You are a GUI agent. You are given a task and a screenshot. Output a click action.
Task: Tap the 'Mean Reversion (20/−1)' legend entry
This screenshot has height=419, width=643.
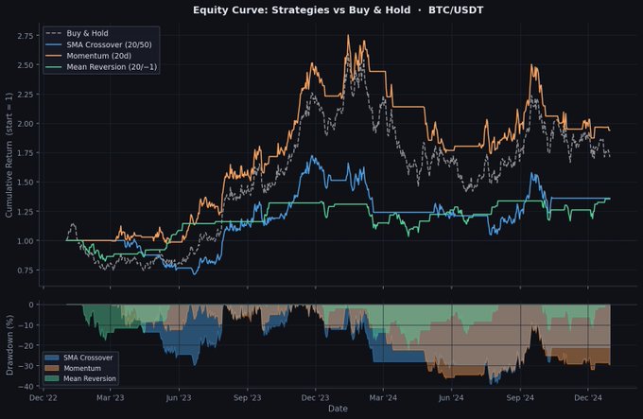[108, 66]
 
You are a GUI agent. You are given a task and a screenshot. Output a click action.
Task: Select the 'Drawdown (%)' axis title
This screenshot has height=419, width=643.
[9, 345]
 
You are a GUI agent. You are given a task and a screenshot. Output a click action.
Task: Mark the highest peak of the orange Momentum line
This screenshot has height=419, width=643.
[349, 36]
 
